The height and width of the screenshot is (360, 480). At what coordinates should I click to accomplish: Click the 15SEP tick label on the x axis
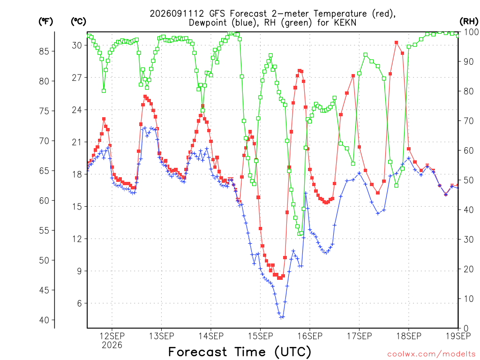261,336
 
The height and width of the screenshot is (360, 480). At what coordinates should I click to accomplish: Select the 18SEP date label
409,336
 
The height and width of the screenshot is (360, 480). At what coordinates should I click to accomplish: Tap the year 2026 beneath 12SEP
112,345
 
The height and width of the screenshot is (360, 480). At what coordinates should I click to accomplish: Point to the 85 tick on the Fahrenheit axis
44,52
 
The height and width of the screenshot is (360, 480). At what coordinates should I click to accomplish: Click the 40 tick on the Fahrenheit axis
44,320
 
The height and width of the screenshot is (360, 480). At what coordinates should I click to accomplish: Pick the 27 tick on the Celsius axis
77,78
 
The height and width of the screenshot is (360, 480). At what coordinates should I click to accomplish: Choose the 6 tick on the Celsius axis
80,303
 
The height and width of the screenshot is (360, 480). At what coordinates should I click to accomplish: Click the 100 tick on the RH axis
472,32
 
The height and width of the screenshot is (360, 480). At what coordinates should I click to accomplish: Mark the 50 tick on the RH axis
469,180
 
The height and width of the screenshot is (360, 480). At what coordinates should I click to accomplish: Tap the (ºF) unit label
45,22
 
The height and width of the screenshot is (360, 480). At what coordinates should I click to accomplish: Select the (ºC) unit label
78,22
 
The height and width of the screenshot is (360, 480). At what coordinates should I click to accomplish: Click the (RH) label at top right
469,22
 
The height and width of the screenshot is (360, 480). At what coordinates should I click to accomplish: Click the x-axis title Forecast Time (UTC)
240,352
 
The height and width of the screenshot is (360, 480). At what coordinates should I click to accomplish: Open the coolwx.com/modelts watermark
431,354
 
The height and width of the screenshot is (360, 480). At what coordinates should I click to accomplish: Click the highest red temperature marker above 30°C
397,43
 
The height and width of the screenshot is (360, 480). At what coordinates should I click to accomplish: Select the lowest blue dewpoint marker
282,317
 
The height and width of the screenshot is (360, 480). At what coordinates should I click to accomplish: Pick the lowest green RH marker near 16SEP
300,234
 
